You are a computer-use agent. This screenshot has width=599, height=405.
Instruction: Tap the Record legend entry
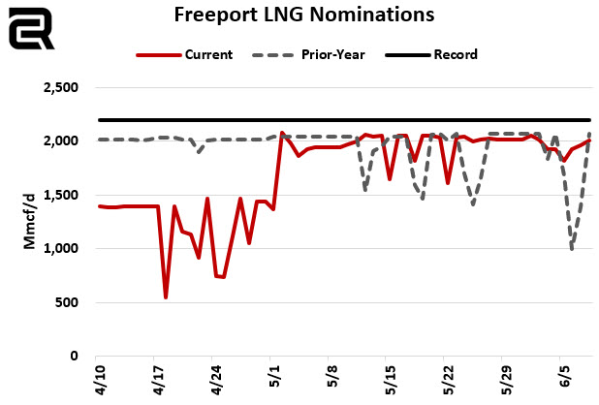456,54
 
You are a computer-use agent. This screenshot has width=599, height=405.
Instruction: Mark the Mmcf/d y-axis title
30,222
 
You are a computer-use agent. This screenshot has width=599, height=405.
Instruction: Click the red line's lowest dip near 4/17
166,296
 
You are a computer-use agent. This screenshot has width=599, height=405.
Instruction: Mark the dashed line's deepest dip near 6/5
572,250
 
